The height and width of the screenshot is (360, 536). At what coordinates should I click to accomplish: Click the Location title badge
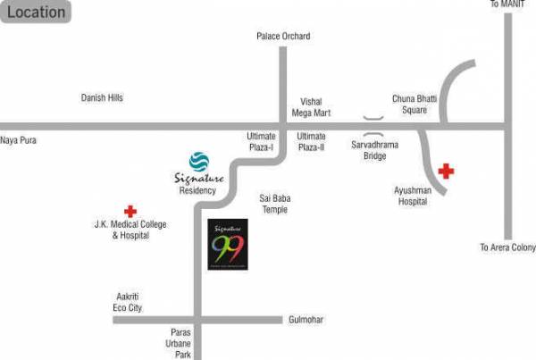point(37,13)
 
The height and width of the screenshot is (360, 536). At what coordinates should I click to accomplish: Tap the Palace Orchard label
point(282,37)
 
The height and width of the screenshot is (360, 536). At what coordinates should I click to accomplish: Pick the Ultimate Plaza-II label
point(312,141)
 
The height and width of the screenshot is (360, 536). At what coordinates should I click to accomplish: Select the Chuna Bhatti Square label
point(410,104)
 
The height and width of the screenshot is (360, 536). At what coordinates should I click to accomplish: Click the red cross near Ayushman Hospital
point(445,171)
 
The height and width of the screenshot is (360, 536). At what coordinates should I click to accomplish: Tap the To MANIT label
point(505,5)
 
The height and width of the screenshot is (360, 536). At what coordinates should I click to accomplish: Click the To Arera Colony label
point(507,247)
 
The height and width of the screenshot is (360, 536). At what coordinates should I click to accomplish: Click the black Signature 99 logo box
point(227,244)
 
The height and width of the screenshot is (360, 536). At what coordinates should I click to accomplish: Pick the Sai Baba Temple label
point(273,204)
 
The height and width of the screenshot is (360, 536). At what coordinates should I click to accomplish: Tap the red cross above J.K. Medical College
point(130,212)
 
